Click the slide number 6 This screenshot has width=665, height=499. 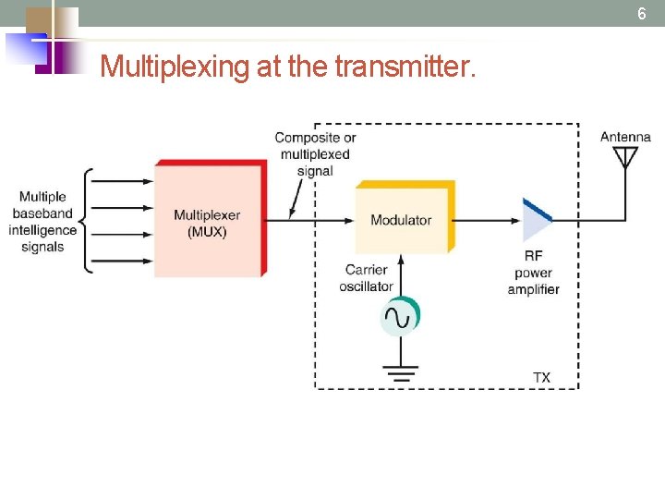coord(642,14)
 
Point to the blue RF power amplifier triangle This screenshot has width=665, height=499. coord(536,220)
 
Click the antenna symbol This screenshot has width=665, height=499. coord(625,158)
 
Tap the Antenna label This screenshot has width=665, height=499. coord(625,137)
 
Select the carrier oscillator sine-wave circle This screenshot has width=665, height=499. coord(400,317)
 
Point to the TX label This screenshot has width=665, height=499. coord(541,378)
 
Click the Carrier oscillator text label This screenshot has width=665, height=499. coord(367,278)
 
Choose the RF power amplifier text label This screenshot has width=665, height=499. coord(533,273)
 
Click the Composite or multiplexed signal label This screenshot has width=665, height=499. coord(315,153)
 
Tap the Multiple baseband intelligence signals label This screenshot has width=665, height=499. coord(42,222)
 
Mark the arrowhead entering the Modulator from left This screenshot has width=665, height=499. coord(349,220)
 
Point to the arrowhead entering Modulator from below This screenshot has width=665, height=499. coord(401,262)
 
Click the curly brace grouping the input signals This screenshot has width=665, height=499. coord(85,221)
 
